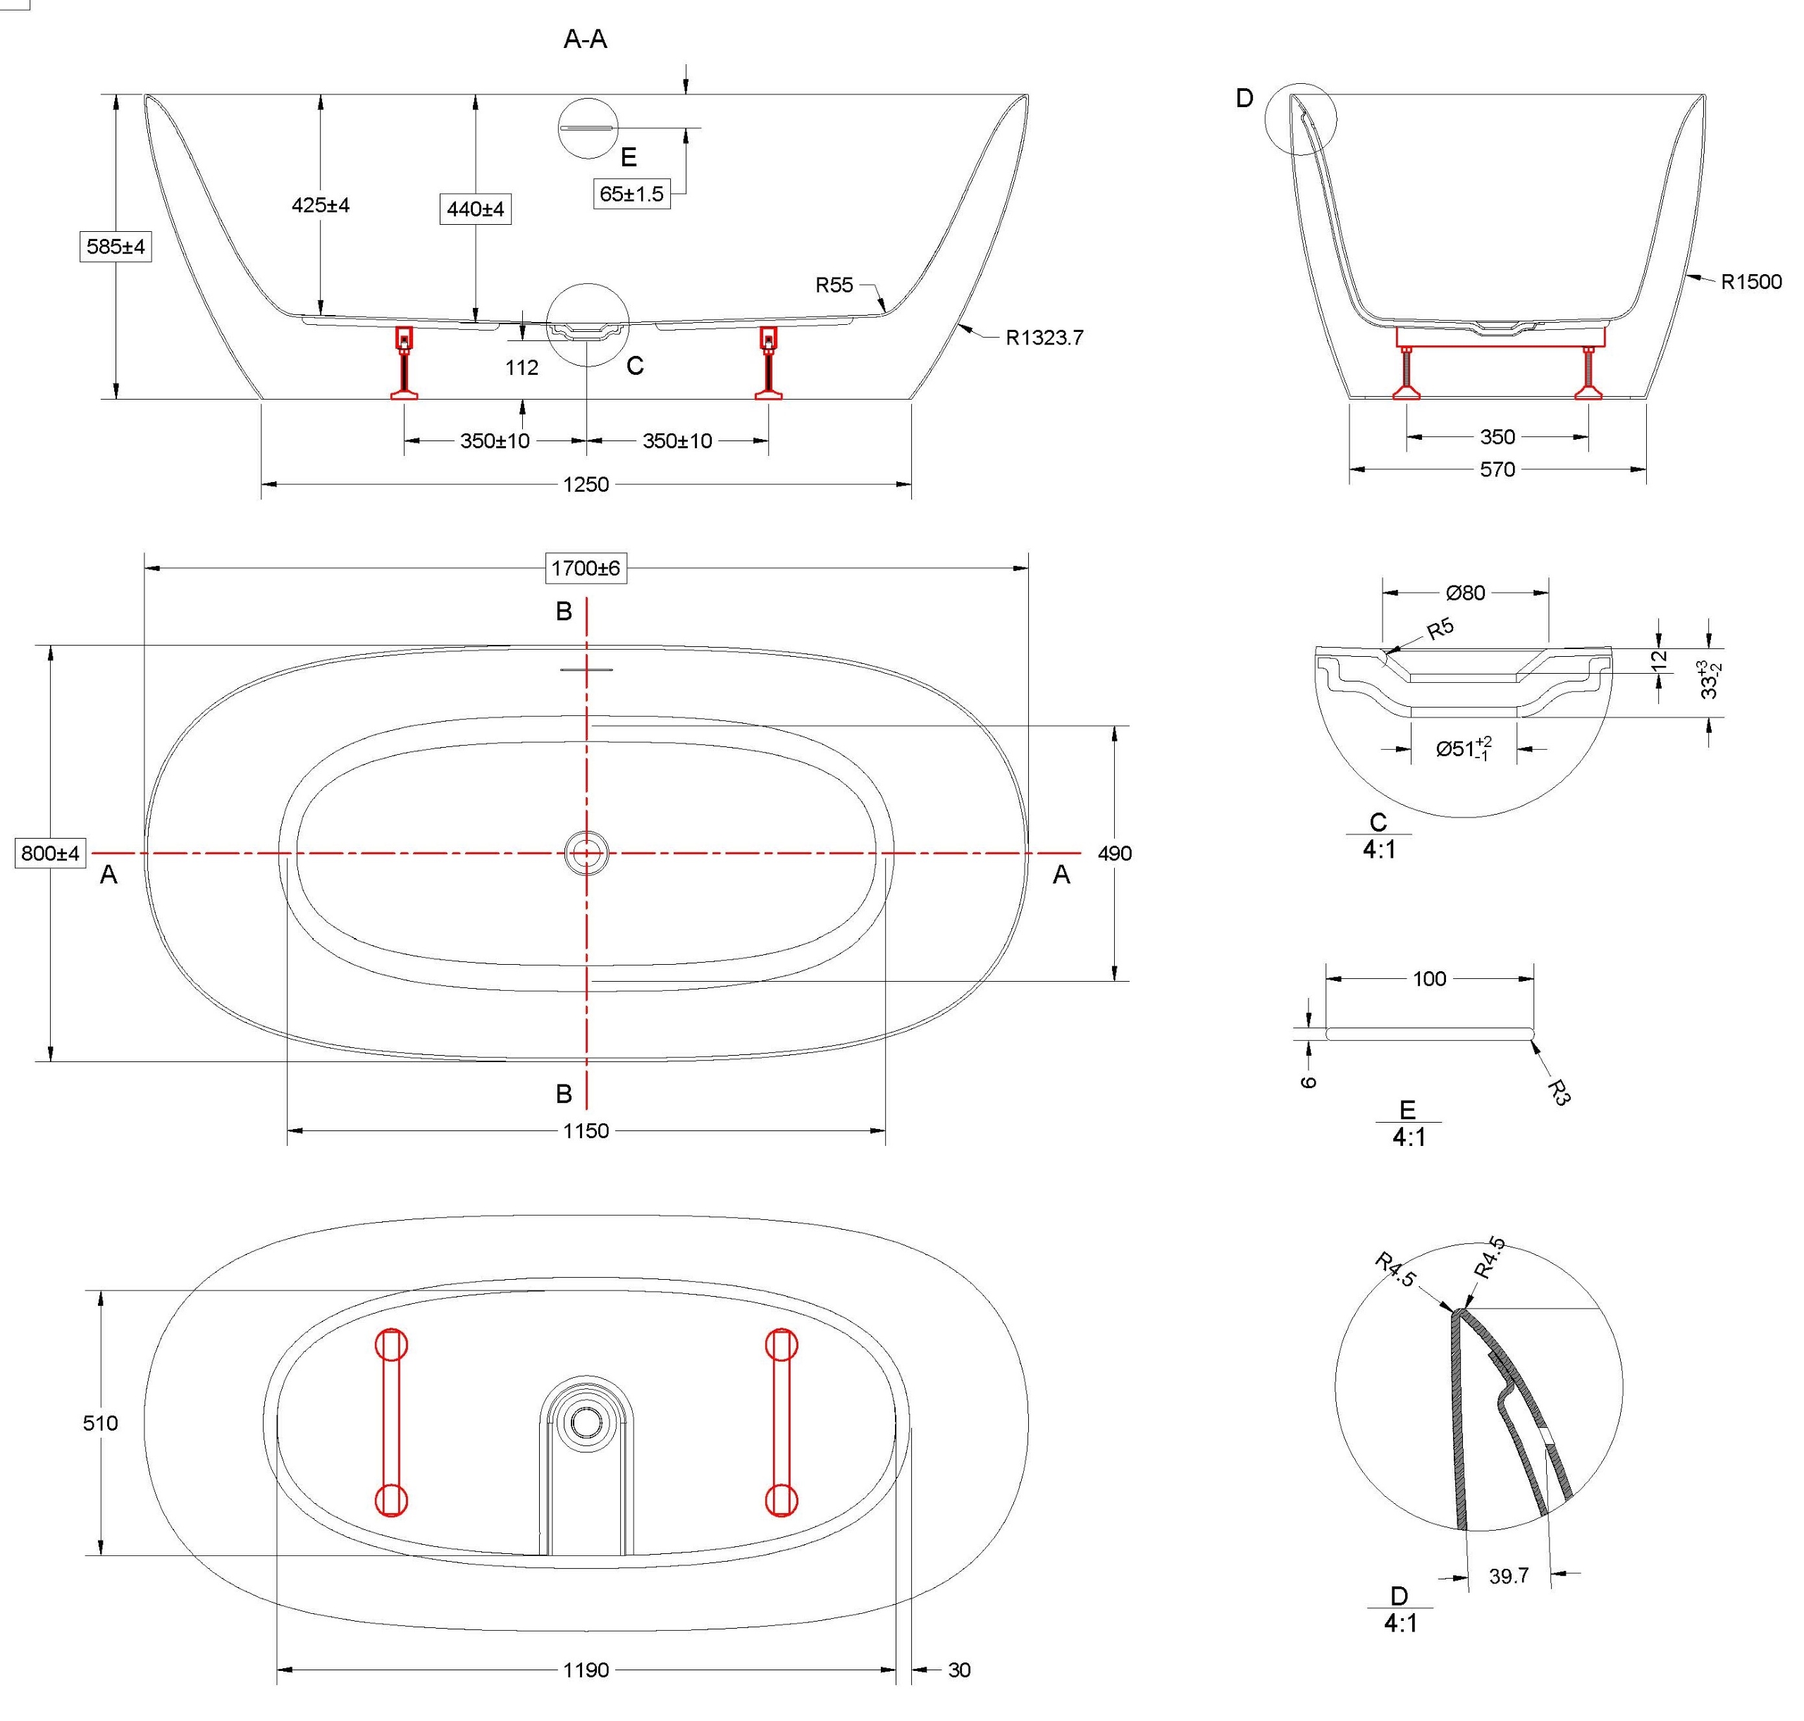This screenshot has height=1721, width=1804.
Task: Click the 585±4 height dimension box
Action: coord(116,247)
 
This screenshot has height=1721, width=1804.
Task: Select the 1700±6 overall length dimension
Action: coord(585,568)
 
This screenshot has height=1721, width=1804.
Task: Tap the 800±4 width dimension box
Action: coord(51,853)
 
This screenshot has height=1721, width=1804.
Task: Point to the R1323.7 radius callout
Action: coord(1044,338)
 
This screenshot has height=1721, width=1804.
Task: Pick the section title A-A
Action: coord(585,39)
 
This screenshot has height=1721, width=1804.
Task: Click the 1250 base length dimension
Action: coord(585,484)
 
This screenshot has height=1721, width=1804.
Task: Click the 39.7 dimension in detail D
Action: coord(1509,1575)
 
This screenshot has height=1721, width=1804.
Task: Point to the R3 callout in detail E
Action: coord(1558,1091)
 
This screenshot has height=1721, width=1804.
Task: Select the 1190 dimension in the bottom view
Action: coord(585,1670)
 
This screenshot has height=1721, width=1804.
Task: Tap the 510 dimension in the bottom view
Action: coord(100,1423)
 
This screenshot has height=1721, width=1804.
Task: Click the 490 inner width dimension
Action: coord(1114,853)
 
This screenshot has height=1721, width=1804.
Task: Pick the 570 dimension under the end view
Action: coord(1497,469)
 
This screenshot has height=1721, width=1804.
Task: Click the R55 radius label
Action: coord(834,285)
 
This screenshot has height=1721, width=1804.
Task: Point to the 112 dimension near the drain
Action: coord(521,368)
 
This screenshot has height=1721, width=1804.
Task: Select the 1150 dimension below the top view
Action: coord(585,1131)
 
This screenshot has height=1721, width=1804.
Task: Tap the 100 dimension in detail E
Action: coord(1429,979)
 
